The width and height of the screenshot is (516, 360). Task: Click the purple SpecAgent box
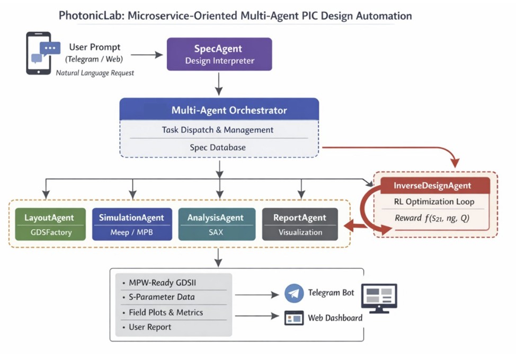point(219,54)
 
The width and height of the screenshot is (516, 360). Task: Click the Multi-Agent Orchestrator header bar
point(219,110)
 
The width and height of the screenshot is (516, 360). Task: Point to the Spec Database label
point(218,148)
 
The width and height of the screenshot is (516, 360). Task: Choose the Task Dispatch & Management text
point(218,130)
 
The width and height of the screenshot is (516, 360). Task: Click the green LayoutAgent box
point(49,224)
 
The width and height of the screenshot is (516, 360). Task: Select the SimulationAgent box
point(132,224)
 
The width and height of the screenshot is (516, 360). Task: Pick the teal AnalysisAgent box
point(215,224)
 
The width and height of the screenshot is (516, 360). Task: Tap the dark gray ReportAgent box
point(300,224)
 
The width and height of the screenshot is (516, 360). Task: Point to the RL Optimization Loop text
point(434,201)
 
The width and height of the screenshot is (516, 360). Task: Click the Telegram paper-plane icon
point(293,293)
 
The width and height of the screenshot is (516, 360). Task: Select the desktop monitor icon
point(379,297)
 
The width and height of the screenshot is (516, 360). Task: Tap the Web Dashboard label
point(335,318)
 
